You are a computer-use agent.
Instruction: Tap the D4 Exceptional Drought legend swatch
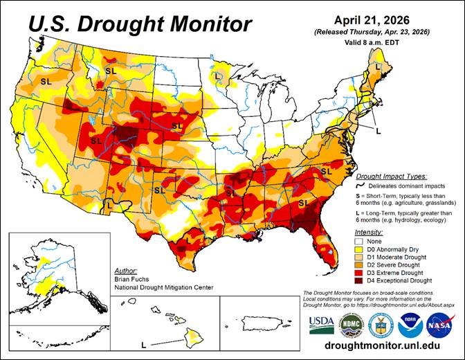tap(361, 280)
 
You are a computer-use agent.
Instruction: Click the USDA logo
tap(321, 323)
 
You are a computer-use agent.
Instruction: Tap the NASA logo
tap(440, 324)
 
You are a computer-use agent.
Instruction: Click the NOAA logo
tap(410, 324)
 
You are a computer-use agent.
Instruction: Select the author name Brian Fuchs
tap(129, 278)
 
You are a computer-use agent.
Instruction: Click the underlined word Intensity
tap(369, 231)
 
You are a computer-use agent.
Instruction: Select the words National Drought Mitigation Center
tap(165, 287)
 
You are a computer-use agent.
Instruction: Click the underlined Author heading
tap(127, 270)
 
